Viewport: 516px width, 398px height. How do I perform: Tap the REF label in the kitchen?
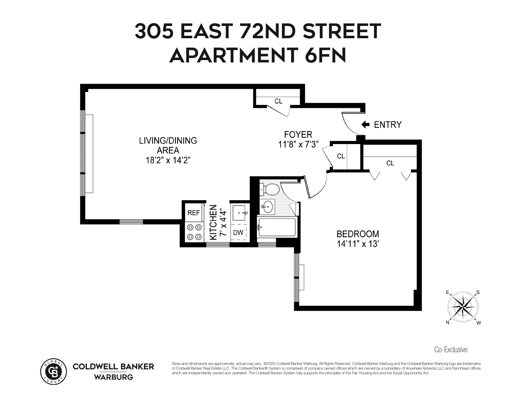193,213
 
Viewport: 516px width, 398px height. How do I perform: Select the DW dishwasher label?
238,233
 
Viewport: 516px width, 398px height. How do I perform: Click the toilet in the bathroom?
270,189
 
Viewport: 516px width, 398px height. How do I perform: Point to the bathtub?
277,227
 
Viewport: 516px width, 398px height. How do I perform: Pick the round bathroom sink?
268,206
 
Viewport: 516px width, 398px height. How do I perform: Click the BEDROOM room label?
358,234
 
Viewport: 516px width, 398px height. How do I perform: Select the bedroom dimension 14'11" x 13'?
357,244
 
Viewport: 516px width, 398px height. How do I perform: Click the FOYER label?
298,135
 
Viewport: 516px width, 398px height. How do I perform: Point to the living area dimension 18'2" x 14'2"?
168,160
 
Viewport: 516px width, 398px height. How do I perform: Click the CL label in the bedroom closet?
390,163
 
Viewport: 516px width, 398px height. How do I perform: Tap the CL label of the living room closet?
278,101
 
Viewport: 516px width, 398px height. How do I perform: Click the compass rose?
463,307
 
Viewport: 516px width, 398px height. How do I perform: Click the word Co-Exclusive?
451,349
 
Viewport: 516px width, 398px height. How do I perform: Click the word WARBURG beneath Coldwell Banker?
113,377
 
